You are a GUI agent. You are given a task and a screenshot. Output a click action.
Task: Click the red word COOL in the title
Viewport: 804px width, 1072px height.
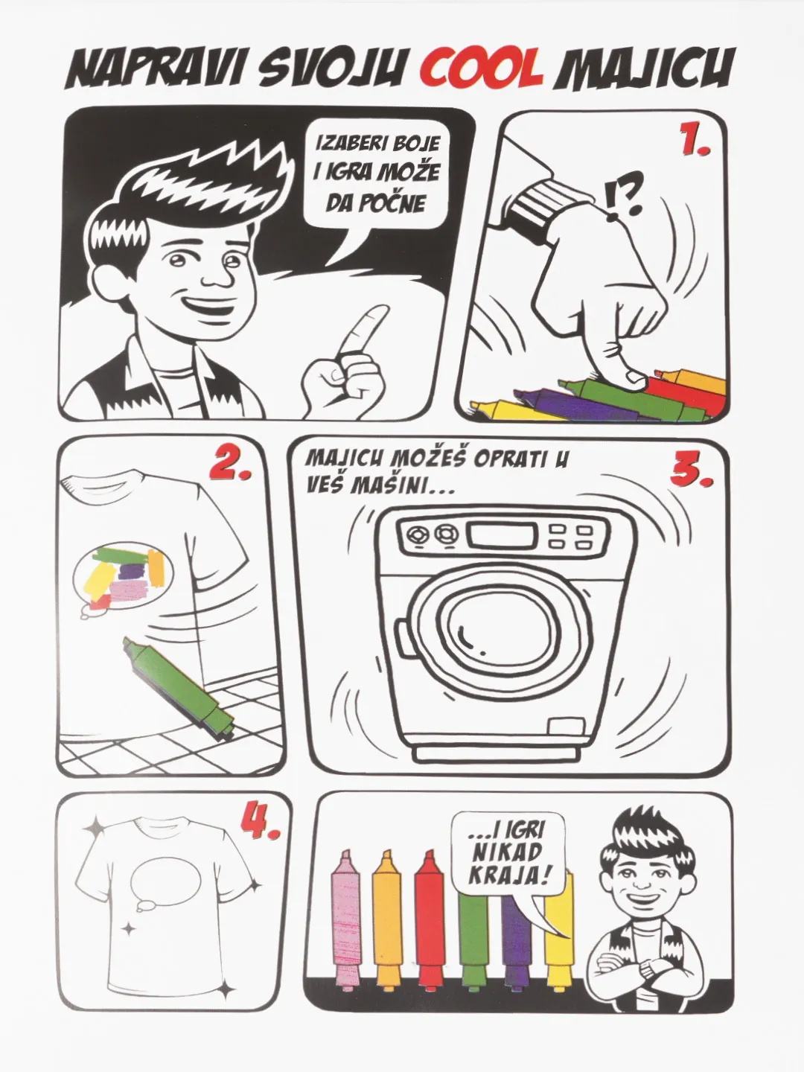(x=482, y=69)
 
